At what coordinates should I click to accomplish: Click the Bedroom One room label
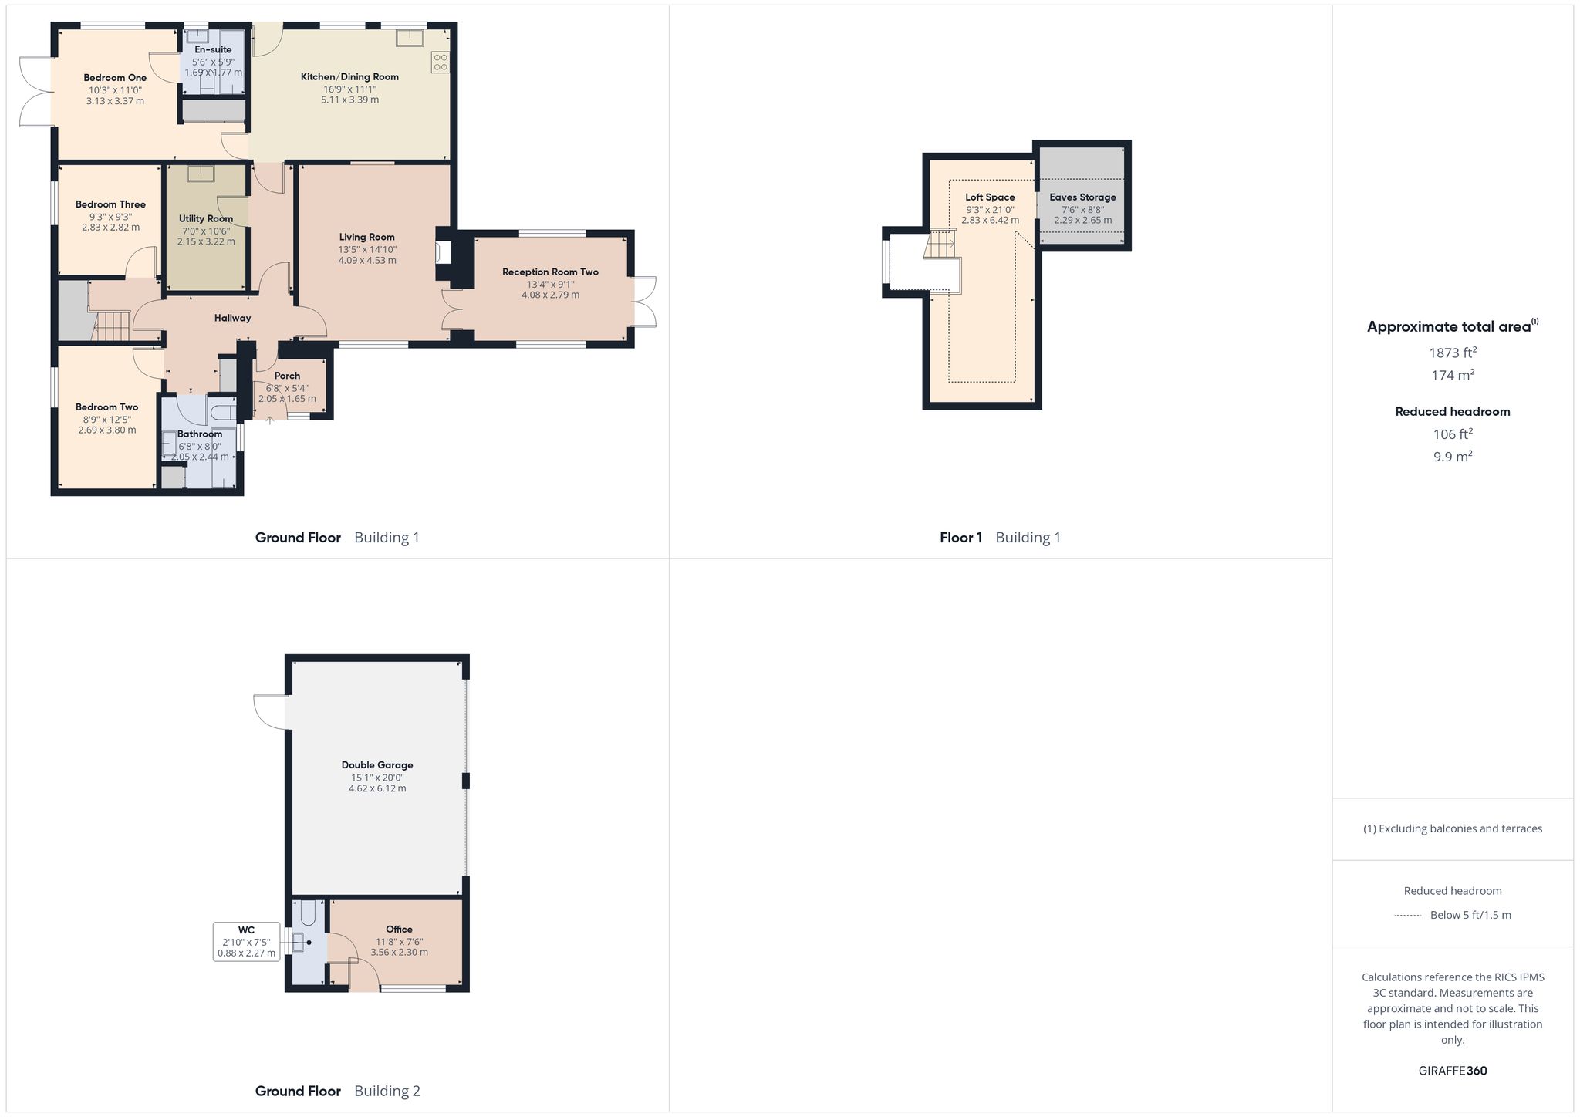pos(115,78)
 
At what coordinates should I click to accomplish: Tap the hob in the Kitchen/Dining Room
pos(441,62)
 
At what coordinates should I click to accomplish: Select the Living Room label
pos(367,238)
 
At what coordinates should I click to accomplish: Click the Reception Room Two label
pos(550,272)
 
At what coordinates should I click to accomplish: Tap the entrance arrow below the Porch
pos(270,420)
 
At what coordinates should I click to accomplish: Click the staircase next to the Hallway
pos(113,325)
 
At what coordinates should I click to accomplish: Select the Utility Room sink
pos(204,173)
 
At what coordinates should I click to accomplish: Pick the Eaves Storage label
pos(1082,197)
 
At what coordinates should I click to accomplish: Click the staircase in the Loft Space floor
pos(940,245)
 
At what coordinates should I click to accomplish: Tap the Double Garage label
pos(377,765)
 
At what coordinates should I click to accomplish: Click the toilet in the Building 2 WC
pos(308,913)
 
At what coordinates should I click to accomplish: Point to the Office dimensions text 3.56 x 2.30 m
pos(399,953)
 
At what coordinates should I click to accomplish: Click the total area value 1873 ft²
pos(1453,353)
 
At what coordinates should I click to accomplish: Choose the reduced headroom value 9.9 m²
pos(1453,456)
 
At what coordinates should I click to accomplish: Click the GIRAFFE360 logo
pos(1453,1071)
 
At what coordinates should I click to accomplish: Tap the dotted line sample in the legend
pos(1408,916)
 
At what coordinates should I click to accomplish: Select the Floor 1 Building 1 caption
pos(1000,538)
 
